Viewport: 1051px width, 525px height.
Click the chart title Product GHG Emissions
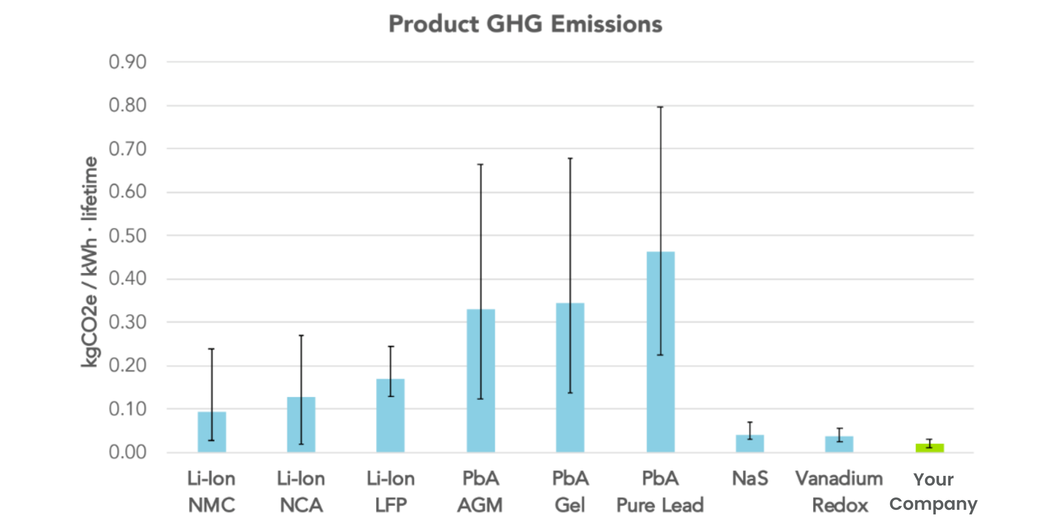click(525, 24)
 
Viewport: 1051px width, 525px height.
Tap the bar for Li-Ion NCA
click(301, 424)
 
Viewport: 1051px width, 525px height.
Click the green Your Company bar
click(930, 448)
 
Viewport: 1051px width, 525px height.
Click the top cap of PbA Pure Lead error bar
click(660, 107)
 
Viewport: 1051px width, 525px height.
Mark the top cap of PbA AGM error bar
click(481, 165)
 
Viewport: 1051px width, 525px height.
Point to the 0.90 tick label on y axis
click(127, 62)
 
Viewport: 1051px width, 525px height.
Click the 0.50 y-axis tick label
click(127, 236)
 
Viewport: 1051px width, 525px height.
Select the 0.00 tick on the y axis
click(127, 452)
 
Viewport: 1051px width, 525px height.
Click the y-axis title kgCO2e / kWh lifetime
click(90, 262)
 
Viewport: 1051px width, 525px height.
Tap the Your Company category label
click(933, 492)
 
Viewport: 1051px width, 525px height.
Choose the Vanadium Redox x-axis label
click(839, 492)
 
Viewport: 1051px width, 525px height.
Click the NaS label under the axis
click(750, 478)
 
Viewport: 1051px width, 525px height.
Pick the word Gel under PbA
click(570, 505)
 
